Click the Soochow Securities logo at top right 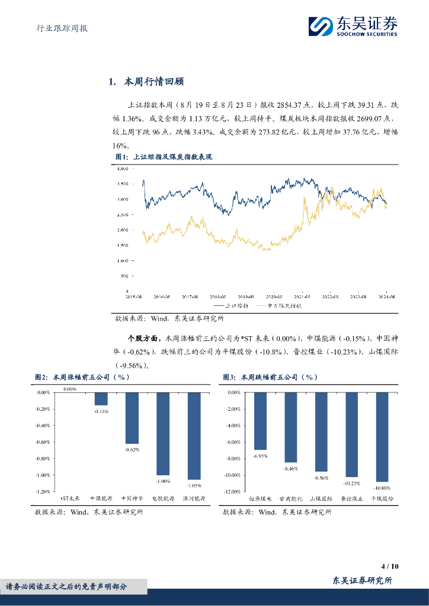tap(353, 25)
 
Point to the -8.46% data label tap(291, 468)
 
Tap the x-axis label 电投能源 tap(163, 499)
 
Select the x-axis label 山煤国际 tap(321, 499)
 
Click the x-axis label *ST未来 tap(69, 499)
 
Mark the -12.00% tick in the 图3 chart tap(232, 491)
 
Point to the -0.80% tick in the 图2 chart tap(43, 459)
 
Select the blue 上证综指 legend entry tap(234, 306)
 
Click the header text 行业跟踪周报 tap(57, 28)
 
